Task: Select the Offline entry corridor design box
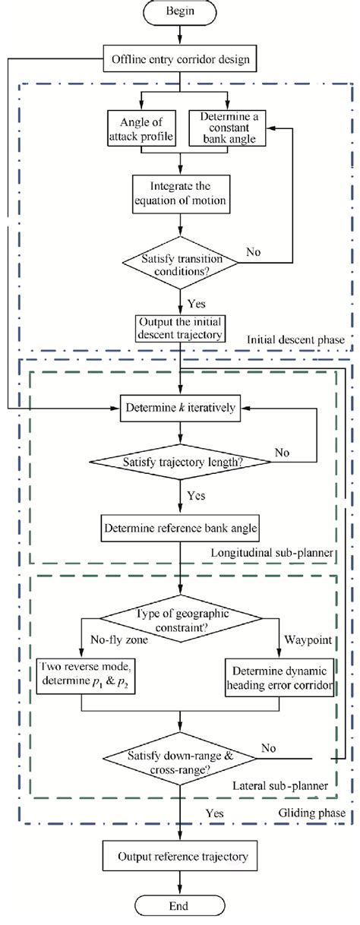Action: click(x=180, y=57)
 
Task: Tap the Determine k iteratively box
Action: click(x=180, y=407)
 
